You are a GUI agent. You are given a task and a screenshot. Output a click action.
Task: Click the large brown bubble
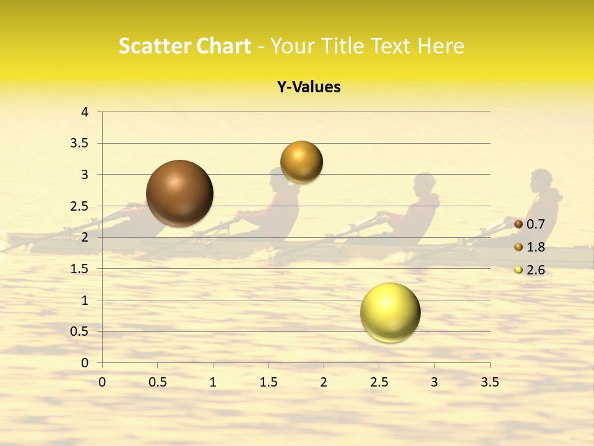(x=179, y=193)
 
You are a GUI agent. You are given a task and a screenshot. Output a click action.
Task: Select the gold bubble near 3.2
(x=301, y=162)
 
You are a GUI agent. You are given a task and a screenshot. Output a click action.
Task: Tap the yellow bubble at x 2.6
(x=390, y=312)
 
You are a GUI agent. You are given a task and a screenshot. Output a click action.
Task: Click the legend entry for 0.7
(x=535, y=224)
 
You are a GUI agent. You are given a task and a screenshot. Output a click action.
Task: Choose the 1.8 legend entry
(x=535, y=247)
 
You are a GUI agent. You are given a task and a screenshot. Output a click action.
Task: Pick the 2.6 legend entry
(x=535, y=269)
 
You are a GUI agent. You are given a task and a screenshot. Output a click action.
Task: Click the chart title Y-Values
(x=309, y=87)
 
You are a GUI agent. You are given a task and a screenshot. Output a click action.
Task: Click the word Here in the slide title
(x=441, y=46)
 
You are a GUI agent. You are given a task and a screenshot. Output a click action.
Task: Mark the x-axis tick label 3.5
(x=489, y=382)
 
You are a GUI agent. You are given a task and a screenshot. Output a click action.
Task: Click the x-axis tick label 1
(x=213, y=382)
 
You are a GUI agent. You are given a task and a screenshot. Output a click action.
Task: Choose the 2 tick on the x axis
(x=324, y=382)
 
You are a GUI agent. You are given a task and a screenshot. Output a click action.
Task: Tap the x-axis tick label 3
(x=434, y=382)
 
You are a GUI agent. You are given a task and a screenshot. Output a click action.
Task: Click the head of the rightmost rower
(x=541, y=180)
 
